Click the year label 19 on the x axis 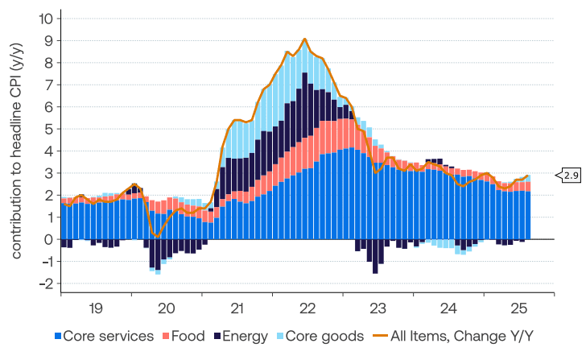click(96, 308)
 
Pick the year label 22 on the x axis click(307, 308)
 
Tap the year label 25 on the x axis click(518, 308)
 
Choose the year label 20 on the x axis click(166, 308)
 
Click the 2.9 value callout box click(571, 175)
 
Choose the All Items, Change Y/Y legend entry click(451, 336)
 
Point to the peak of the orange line click(305, 39)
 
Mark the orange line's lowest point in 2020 click(157, 236)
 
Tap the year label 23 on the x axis click(378, 308)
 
